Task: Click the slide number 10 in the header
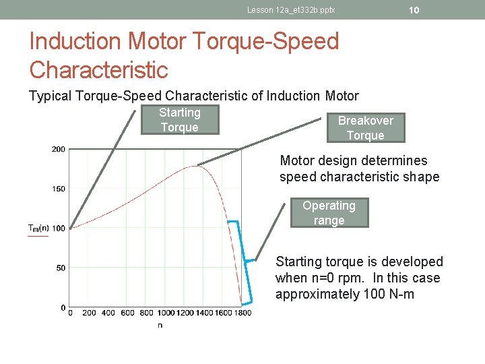[414, 9]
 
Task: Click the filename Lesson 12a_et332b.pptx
[291, 10]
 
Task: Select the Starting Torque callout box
[180, 121]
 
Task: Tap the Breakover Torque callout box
[366, 128]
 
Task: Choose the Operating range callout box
[329, 213]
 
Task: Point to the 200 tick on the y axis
[58, 149]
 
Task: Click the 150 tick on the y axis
[58, 189]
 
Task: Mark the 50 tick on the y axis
[61, 268]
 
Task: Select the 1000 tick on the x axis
[166, 313]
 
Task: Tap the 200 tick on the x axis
[89, 313]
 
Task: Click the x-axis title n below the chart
[160, 325]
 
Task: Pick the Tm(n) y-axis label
[38, 228]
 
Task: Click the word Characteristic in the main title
[98, 69]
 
